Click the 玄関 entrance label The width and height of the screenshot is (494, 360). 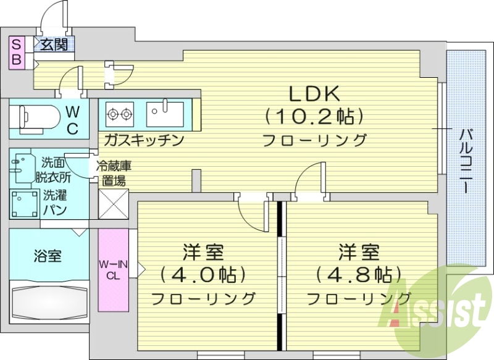point(54,44)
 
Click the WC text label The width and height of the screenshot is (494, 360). point(72,120)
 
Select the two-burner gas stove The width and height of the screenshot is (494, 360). point(120,113)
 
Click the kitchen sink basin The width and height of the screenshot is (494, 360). point(164,113)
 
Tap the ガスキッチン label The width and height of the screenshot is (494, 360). point(144,140)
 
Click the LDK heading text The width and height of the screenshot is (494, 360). point(315,94)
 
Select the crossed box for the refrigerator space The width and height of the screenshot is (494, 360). point(113,203)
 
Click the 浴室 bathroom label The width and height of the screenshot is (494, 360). point(48,255)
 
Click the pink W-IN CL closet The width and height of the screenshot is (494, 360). point(113,270)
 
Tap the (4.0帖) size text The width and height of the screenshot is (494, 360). point(203,274)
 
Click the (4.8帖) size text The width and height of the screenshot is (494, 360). point(359,274)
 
